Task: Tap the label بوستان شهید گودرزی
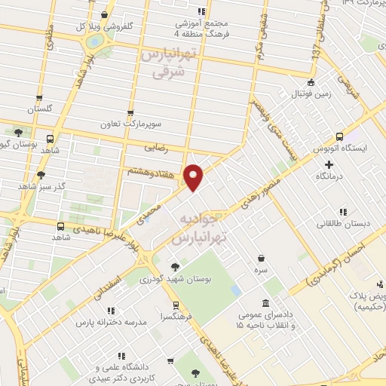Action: (176, 280)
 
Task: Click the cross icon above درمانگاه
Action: (329, 161)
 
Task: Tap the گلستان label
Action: (42, 110)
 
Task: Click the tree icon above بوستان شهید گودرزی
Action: (175, 266)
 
